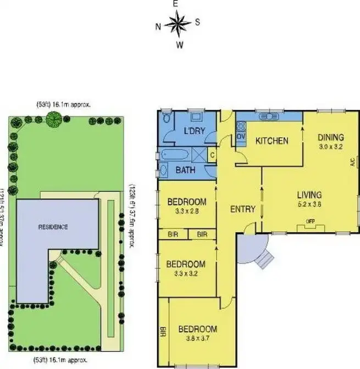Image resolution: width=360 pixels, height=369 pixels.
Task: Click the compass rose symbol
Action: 177,24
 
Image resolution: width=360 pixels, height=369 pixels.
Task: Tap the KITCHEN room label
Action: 272,141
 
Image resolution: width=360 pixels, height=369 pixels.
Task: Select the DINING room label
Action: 330,137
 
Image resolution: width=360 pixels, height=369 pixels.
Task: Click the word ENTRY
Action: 242,209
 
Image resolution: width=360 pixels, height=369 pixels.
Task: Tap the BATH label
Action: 185,170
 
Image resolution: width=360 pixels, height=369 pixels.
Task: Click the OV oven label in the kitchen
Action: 241,137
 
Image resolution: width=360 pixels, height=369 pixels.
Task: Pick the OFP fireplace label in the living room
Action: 309,222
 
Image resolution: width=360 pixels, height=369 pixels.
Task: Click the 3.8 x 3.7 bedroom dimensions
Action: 197,339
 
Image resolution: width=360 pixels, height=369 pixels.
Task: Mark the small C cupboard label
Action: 212,155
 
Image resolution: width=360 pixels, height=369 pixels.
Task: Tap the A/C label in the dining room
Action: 352,163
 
